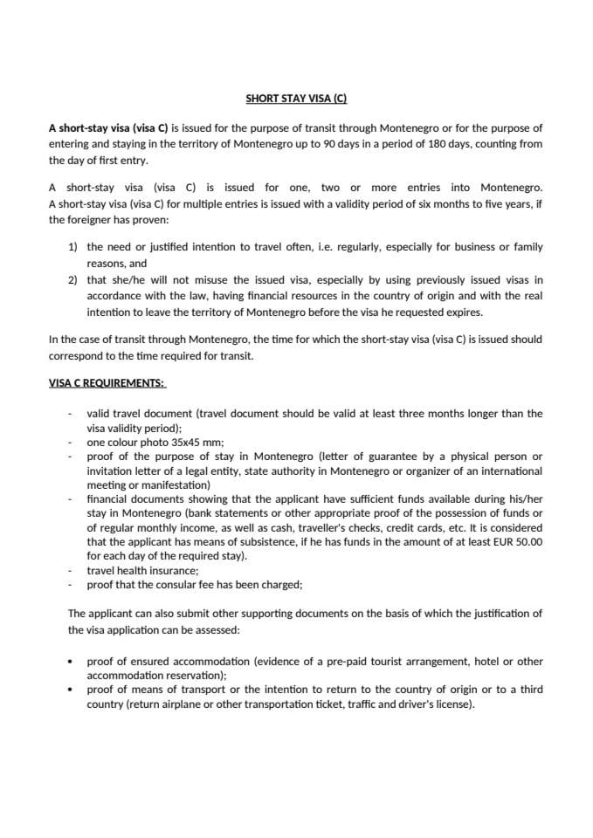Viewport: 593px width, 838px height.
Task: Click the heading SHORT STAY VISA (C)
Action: [296, 100]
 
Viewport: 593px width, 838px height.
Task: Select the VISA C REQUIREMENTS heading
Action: [107, 382]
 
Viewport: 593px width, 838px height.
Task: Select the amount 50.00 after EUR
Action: [530, 542]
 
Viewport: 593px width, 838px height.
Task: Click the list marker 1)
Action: [73, 247]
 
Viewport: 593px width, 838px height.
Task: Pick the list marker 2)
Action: [73, 279]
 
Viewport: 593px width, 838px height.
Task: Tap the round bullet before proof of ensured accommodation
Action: [71, 662]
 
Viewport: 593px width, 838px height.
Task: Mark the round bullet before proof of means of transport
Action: [71, 690]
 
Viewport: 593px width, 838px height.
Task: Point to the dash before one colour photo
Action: [71, 443]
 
